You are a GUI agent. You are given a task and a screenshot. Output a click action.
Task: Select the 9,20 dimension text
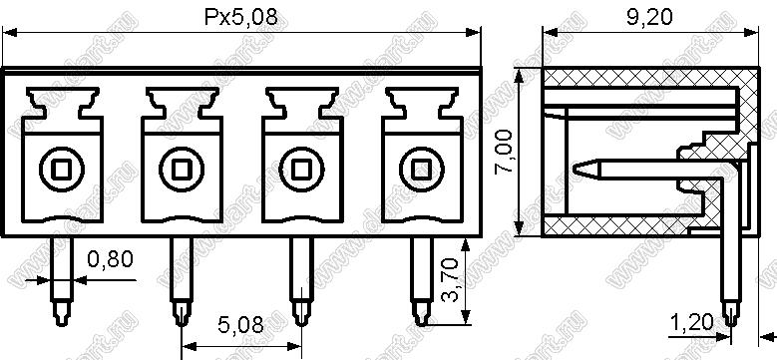pos(650,17)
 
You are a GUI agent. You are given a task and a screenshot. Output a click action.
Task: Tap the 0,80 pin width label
pos(110,259)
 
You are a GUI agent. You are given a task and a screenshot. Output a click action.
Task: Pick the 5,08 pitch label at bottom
pos(240,325)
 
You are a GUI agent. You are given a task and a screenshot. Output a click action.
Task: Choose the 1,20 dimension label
pos(693,323)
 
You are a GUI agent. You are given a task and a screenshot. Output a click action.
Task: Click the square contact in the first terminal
pos(62,170)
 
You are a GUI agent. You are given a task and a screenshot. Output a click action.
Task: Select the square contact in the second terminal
pos(182,170)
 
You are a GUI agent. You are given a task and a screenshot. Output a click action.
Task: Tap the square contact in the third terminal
pos(301,170)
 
